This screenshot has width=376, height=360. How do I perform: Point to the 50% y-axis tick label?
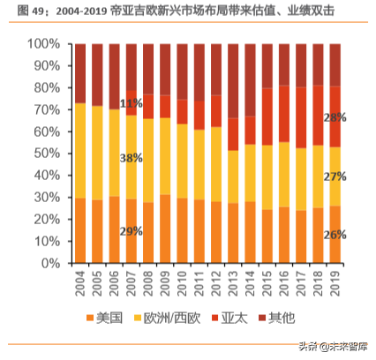tap(44, 154)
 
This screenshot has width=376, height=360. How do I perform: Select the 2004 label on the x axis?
tap(80, 285)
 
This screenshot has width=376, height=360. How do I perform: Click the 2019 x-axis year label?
tap(335, 285)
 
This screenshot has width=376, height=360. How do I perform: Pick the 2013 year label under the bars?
tap(233, 285)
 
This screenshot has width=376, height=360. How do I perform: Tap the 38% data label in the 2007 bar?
tap(132, 159)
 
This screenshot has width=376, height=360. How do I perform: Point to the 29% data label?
tap(132, 230)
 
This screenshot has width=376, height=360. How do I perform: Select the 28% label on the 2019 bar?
tap(335, 117)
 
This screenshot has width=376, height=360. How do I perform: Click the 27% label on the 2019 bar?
tap(335, 176)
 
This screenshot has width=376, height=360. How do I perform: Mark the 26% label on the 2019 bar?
tap(335, 235)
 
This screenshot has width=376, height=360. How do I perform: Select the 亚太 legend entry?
tap(237, 317)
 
